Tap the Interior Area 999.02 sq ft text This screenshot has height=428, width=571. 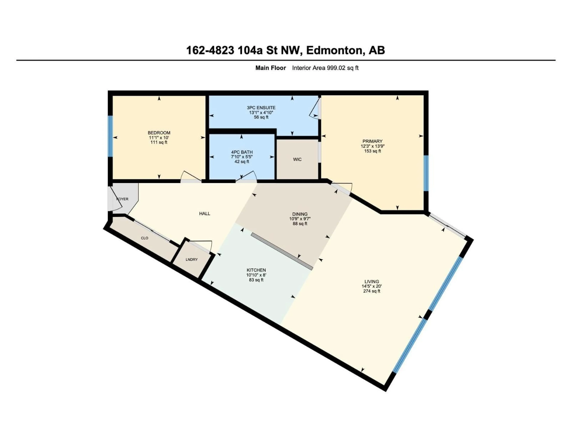pyautogui.click(x=325, y=68)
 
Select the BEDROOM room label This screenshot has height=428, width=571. pyautogui.click(x=159, y=133)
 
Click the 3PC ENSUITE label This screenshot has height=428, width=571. pyautogui.click(x=261, y=108)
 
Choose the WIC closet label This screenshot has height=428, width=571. pyautogui.click(x=297, y=159)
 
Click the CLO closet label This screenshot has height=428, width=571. pyautogui.click(x=145, y=238)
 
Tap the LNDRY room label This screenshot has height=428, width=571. pyautogui.click(x=192, y=259)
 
